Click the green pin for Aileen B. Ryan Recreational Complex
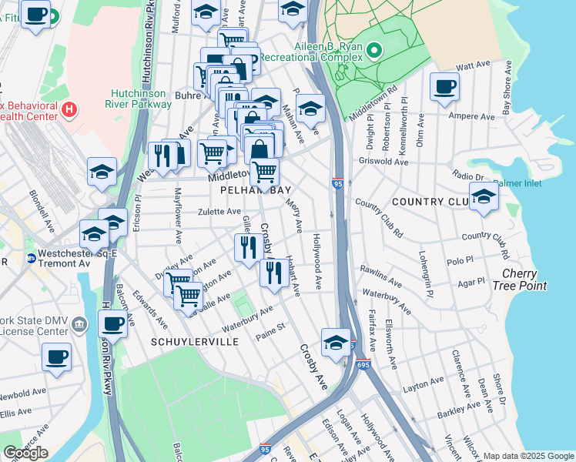click(x=374, y=52)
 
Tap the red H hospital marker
click(x=70, y=109)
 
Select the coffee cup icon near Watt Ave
click(x=444, y=86)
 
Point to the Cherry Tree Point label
click(x=524, y=280)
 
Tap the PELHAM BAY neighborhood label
click(x=249, y=189)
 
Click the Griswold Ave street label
click(x=383, y=162)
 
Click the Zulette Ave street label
click(x=219, y=211)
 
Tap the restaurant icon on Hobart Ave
click(x=274, y=272)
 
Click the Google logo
click(x=25, y=453)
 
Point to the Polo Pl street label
click(x=459, y=262)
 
